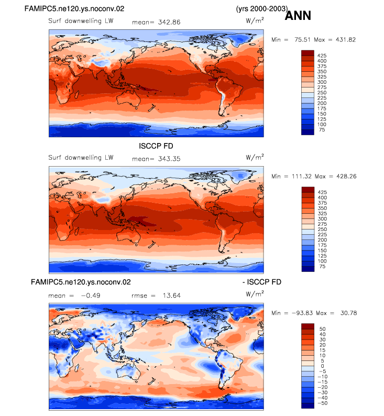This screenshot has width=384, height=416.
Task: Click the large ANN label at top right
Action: [298, 15]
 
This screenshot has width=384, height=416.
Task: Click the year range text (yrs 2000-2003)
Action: [262, 9]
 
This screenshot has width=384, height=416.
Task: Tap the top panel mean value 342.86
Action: [169, 22]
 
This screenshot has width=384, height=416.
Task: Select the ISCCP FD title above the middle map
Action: [156, 146]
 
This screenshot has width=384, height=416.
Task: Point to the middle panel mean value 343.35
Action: [169, 159]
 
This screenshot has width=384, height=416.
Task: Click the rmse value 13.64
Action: [172, 295]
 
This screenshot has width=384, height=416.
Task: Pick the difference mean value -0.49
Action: [91, 295]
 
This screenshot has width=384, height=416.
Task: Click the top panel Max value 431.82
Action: [346, 39]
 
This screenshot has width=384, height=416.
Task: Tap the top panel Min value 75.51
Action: [302, 39]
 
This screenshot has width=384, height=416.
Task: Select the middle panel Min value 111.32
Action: [301, 176]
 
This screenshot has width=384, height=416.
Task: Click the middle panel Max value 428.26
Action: [346, 176]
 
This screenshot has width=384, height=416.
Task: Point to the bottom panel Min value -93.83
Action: [302, 313]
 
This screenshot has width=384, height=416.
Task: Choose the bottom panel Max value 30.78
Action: [348, 313]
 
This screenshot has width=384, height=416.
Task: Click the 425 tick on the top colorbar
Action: [322, 56]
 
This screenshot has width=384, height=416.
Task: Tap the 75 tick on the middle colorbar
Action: [322, 266]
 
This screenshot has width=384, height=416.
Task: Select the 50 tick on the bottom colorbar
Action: [323, 329]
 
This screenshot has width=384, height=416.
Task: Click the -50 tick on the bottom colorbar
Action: [323, 403]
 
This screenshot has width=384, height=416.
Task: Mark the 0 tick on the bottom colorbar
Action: [323, 366]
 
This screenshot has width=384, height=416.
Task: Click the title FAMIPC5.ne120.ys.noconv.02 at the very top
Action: [74, 9]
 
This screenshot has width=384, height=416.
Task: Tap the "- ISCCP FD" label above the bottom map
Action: [262, 282]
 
